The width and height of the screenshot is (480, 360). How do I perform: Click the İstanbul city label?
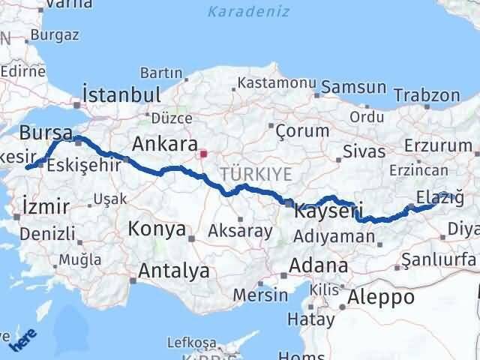click(x=121, y=95)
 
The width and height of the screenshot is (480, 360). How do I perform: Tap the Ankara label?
click(x=164, y=142)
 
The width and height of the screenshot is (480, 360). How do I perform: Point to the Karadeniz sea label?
click(x=238, y=11)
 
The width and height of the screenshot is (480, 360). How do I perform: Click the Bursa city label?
click(x=46, y=133)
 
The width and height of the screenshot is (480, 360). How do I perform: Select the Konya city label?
click(x=157, y=229)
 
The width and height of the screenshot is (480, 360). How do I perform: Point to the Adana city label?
click(x=319, y=265)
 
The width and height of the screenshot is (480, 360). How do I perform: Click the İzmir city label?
click(x=46, y=206)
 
